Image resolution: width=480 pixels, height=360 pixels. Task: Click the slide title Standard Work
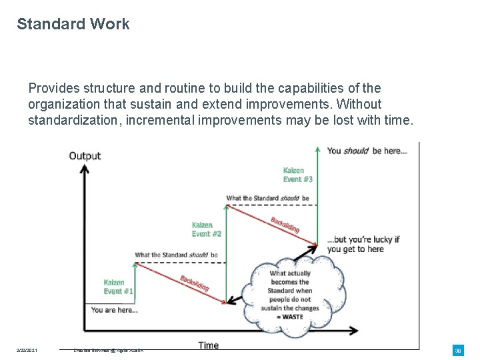point(73,24)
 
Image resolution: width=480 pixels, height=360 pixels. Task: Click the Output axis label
point(85,156)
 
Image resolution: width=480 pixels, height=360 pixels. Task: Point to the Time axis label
point(208,345)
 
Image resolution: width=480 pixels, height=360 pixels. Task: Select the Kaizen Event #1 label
point(119,287)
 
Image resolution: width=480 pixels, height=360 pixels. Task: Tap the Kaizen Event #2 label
point(207,229)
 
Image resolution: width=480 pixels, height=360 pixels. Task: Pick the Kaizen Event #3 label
point(298,175)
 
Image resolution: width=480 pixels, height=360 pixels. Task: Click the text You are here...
point(114,310)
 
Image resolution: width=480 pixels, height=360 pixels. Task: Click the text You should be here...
point(367,151)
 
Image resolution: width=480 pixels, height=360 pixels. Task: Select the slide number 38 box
point(458,350)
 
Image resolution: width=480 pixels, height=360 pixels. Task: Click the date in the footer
point(27,350)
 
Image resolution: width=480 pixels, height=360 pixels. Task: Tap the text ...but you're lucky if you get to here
point(363,244)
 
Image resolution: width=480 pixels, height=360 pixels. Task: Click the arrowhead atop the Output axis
point(84,167)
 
